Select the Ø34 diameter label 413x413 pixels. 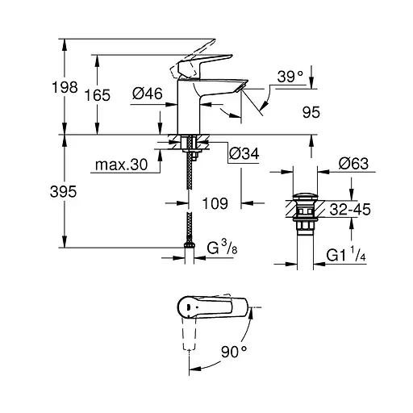(244, 152)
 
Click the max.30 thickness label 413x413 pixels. (120, 165)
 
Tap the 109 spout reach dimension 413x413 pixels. (213, 204)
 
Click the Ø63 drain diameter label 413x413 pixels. (353, 165)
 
